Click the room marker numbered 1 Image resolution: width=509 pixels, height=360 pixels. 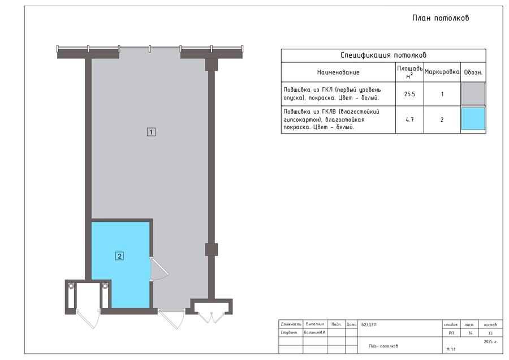click(x=151, y=132)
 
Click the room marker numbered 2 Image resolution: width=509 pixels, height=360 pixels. click(x=119, y=256)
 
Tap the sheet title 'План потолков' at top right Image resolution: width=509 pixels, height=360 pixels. click(x=441, y=18)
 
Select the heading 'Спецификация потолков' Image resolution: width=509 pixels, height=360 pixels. click(x=383, y=55)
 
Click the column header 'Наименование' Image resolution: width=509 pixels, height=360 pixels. click(x=338, y=72)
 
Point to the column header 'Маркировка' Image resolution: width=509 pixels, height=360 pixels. click(x=442, y=72)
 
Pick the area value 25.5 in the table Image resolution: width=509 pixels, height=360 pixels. click(x=409, y=94)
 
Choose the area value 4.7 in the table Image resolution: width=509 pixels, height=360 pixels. click(x=409, y=120)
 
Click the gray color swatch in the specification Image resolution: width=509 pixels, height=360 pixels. click(x=473, y=94)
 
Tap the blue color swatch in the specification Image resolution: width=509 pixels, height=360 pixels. click(x=473, y=119)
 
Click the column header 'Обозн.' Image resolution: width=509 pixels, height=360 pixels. click(x=473, y=72)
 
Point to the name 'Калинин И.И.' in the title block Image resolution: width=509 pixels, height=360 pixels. click(x=315, y=332)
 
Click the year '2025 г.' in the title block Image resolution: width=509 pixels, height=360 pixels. click(x=490, y=341)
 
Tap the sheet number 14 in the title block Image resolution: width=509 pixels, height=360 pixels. click(x=471, y=333)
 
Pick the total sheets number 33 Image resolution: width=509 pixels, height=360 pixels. click(x=490, y=333)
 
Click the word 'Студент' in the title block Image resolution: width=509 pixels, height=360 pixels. click(x=289, y=332)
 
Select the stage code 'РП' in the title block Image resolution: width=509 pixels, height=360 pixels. click(x=451, y=333)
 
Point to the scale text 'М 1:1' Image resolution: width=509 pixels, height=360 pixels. click(x=451, y=349)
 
